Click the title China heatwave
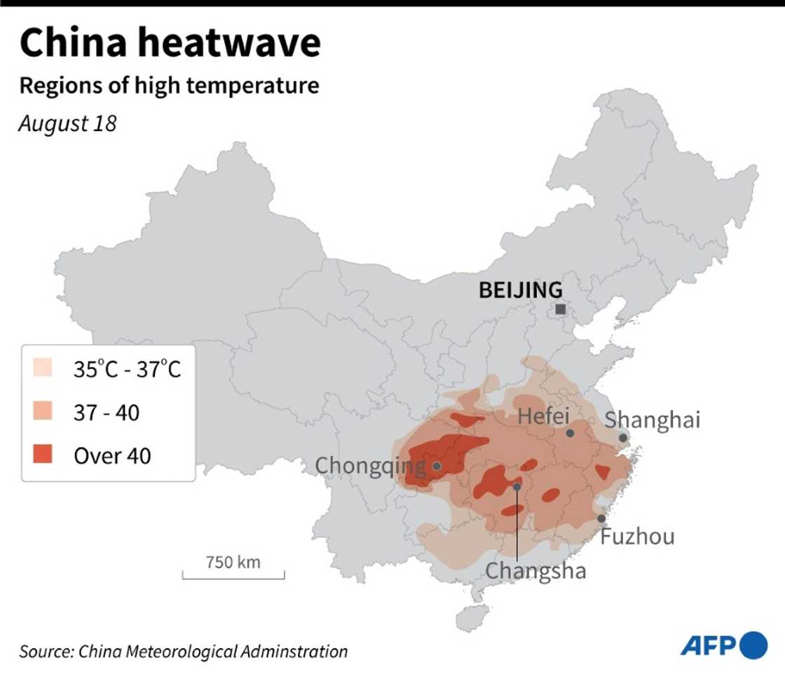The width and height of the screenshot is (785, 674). point(170,43)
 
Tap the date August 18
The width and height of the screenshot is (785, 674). point(67,123)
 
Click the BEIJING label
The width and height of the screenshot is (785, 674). point(520,290)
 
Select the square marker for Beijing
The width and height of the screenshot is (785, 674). point(560,309)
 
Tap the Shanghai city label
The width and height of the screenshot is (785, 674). point(653,420)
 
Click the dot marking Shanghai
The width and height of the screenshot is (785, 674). point(623,438)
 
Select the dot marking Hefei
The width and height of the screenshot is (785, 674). point(571,434)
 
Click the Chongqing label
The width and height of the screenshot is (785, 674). point(370,465)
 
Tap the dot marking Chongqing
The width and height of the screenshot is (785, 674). point(437,466)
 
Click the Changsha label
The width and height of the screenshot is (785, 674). point(536,570)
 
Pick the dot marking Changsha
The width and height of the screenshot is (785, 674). point(517,486)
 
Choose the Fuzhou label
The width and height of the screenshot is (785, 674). point(637,537)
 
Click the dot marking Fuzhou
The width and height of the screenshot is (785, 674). point(601,518)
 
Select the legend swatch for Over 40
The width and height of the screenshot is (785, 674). point(43,455)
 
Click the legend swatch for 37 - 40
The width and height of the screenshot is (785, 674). point(43,412)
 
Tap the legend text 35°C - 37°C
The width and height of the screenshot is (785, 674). point(128,369)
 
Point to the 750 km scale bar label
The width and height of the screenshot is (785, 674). point(233,562)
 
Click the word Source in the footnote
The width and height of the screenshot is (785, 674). point(44,651)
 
